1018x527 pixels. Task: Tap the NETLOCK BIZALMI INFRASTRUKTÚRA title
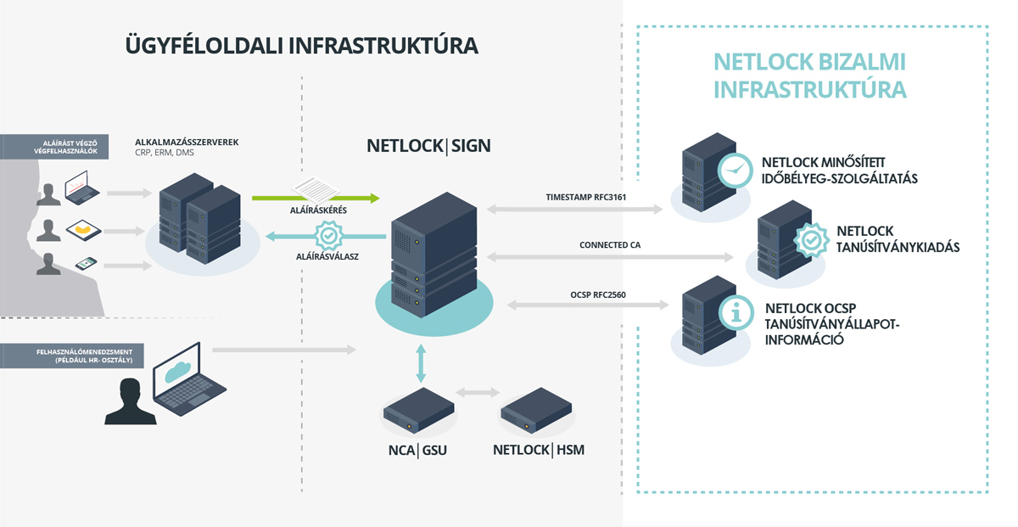pyautogui.click(x=810, y=76)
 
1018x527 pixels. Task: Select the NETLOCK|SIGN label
pyautogui.click(x=428, y=145)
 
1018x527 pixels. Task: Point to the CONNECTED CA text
pyautogui.click(x=610, y=245)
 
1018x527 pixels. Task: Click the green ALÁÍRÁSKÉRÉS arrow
pyautogui.click(x=315, y=199)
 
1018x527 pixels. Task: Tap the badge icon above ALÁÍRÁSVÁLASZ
pyautogui.click(x=327, y=235)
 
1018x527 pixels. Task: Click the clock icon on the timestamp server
pyautogui.click(x=735, y=170)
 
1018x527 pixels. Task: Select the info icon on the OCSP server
pyautogui.click(x=736, y=312)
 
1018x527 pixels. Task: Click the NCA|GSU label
pyautogui.click(x=411, y=450)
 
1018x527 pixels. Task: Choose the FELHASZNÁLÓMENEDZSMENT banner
pyautogui.click(x=71, y=355)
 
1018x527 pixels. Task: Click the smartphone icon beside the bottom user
pyautogui.click(x=86, y=265)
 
